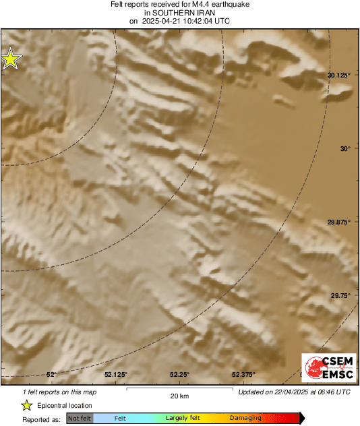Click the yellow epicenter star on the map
click(10, 59)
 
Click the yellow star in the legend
click(26, 405)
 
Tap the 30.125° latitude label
click(338, 75)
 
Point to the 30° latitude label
click(344, 148)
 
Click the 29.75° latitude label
click(340, 295)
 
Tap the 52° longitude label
click(51, 374)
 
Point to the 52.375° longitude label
click(243, 374)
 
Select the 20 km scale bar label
click(179, 396)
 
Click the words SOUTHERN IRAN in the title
click(180, 13)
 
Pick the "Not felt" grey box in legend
click(80, 418)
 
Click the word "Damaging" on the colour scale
click(245, 418)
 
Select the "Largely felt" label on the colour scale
click(181, 418)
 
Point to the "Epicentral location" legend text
click(65, 405)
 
